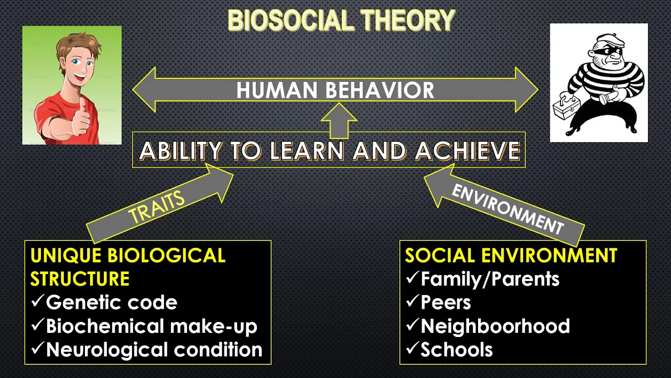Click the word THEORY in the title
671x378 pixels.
pos(408,20)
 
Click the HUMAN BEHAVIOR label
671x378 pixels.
pos(335,90)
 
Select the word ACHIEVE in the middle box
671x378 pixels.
pos(468,151)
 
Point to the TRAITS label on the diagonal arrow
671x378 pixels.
pos(156,206)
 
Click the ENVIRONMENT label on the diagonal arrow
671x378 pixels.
pos(508,209)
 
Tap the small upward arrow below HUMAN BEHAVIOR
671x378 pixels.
pos(339,121)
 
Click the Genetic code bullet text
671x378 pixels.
pos(112,302)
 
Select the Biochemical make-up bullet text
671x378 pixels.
pos(151,326)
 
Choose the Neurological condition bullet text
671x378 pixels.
pos(154,350)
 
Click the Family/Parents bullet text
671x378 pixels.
pos(490,279)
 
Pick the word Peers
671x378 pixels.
pos(446,302)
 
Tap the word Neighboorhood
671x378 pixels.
pos(495,326)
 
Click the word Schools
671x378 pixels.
pos(457,350)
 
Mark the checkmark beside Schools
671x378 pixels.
pos(413,348)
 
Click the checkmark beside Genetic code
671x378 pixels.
pos(38,301)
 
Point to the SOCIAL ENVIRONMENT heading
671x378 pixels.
pos(511,255)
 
